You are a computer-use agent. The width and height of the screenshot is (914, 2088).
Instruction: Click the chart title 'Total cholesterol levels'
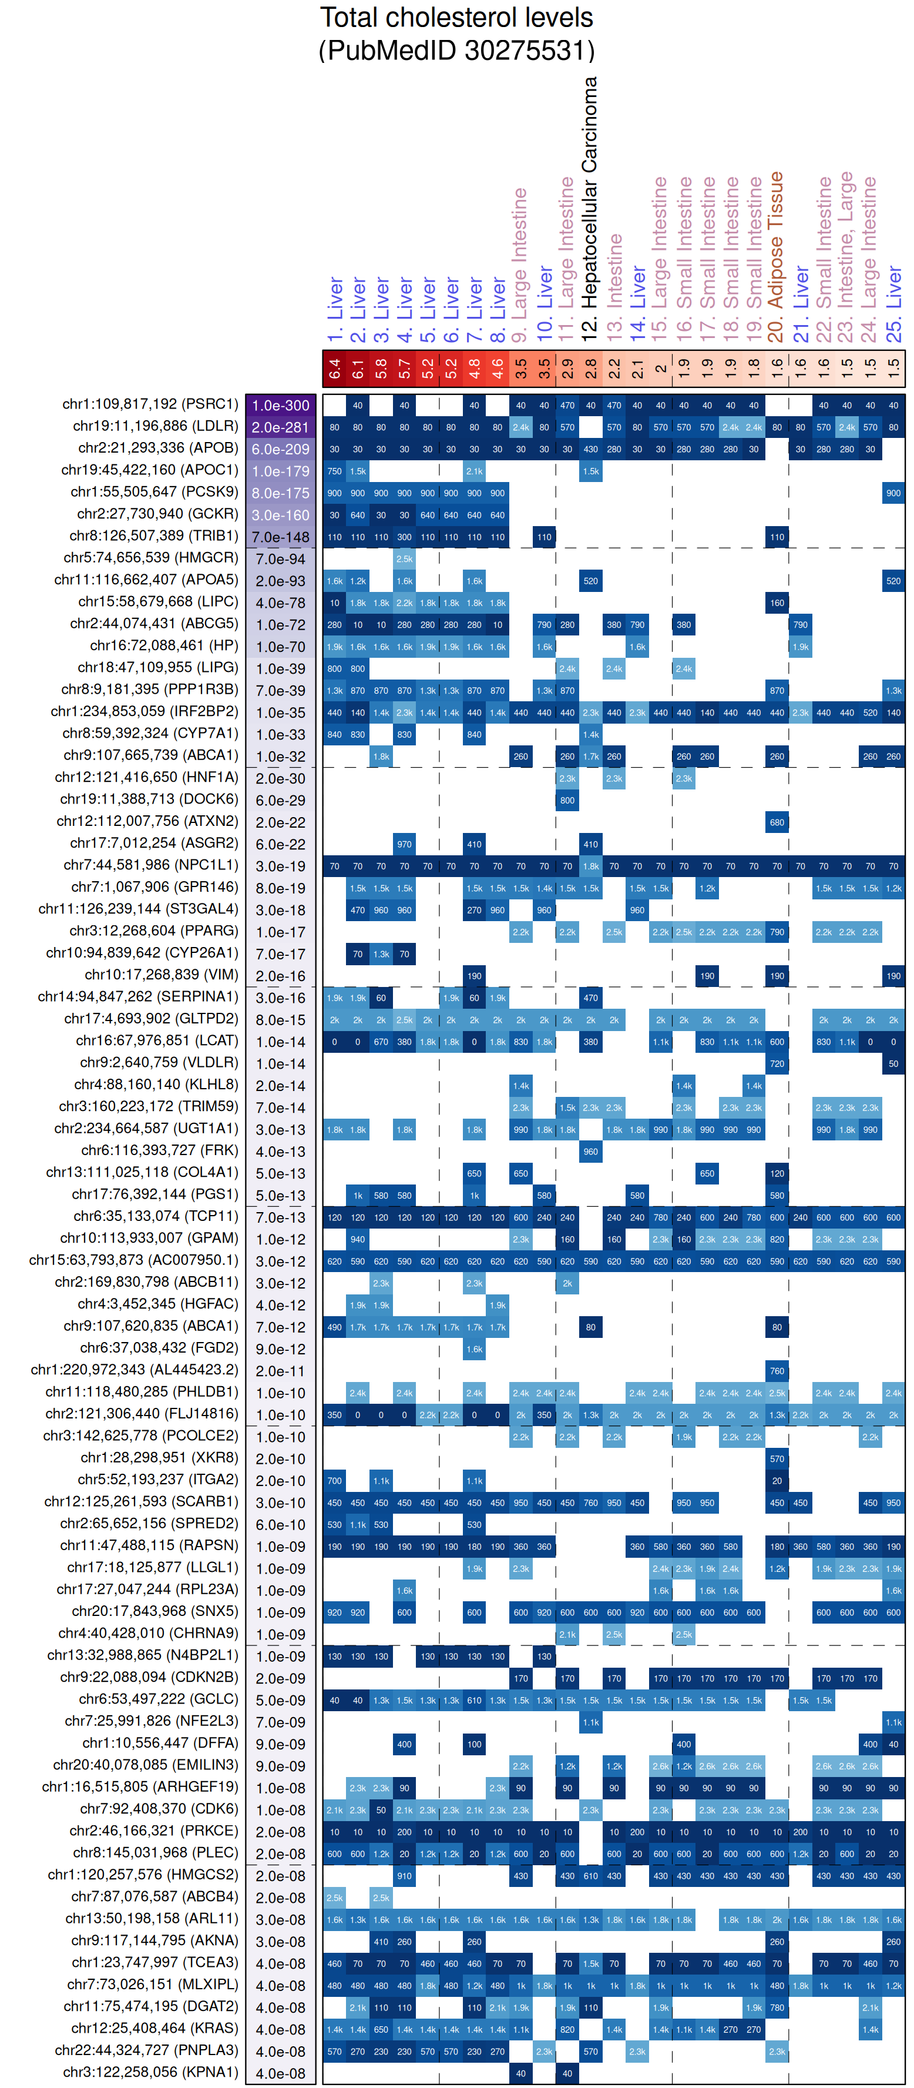click(x=456, y=18)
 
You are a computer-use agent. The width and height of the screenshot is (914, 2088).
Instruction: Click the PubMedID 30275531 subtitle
click(x=456, y=50)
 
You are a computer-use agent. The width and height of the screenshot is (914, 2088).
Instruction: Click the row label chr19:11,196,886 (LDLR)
click(x=156, y=426)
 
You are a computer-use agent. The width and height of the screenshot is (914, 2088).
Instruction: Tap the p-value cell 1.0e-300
click(x=280, y=405)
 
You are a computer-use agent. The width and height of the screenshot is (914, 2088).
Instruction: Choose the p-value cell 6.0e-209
click(x=280, y=449)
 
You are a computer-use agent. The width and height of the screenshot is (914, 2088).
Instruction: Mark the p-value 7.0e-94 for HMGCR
click(x=280, y=558)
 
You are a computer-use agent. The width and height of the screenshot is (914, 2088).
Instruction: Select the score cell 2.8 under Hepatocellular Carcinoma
click(x=591, y=369)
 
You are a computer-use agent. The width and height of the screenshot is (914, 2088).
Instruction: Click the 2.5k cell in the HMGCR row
click(x=404, y=558)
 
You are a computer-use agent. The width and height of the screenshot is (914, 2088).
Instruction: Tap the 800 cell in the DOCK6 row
click(x=567, y=800)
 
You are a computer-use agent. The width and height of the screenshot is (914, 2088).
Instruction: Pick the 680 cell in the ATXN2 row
click(x=777, y=822)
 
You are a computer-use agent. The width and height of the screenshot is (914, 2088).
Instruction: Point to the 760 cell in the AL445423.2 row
click(x=777, y=1371)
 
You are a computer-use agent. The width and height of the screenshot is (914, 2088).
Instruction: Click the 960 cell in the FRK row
click(x=591, y=1151)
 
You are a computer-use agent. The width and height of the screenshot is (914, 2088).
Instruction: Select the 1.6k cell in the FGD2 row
click(x=474, y=1348)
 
